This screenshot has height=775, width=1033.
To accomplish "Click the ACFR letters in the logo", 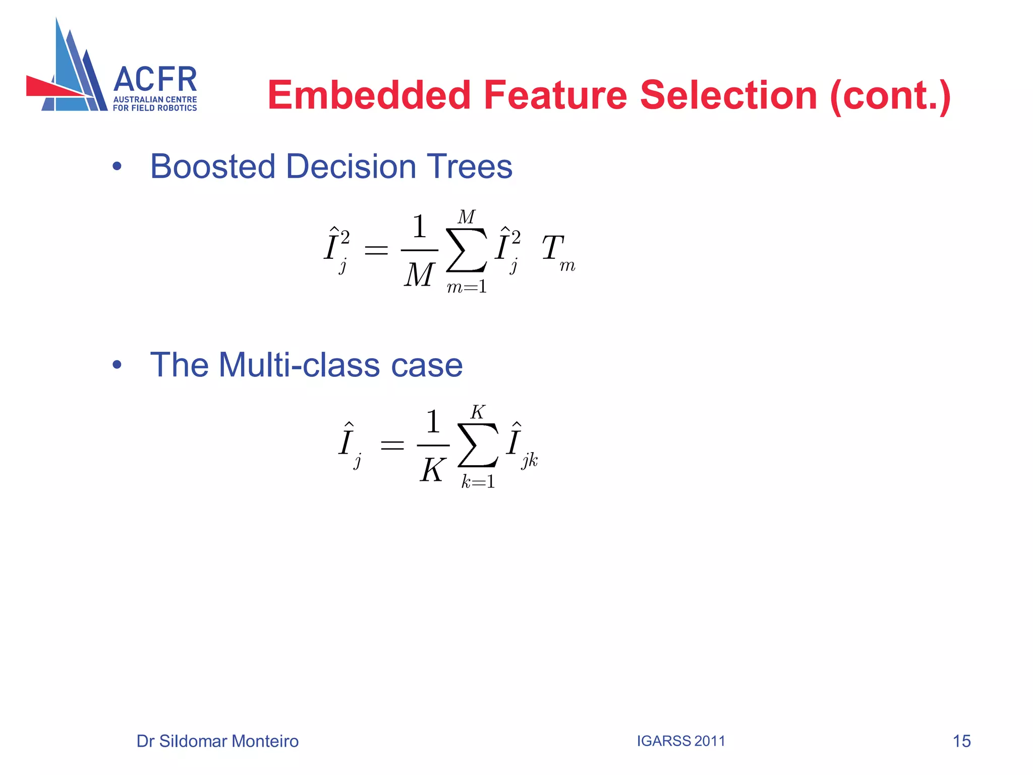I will [x=155, y=80].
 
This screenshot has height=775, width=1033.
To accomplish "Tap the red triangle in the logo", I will [x=50, y=87].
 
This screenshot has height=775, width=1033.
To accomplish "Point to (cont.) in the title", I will [x=890, y=96].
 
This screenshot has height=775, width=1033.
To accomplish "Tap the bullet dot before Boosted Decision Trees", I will [x=117, y=167].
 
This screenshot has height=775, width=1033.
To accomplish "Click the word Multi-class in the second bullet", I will [x=299, y=365].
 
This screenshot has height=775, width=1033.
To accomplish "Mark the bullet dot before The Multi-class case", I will [x=117, y=365].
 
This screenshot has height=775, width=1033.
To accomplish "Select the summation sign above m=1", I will [x=467, y=250].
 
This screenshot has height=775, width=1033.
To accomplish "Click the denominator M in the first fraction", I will [x=419, y=275].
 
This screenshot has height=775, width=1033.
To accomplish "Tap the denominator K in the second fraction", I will [x=432, y=470].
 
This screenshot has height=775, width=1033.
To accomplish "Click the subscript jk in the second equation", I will [x=530, y=460].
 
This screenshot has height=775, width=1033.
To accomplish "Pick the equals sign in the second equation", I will [x=392, y=445].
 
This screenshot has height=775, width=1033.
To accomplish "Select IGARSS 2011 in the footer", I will [x=680, y=741].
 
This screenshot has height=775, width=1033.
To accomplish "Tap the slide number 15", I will [x=961, y=741].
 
